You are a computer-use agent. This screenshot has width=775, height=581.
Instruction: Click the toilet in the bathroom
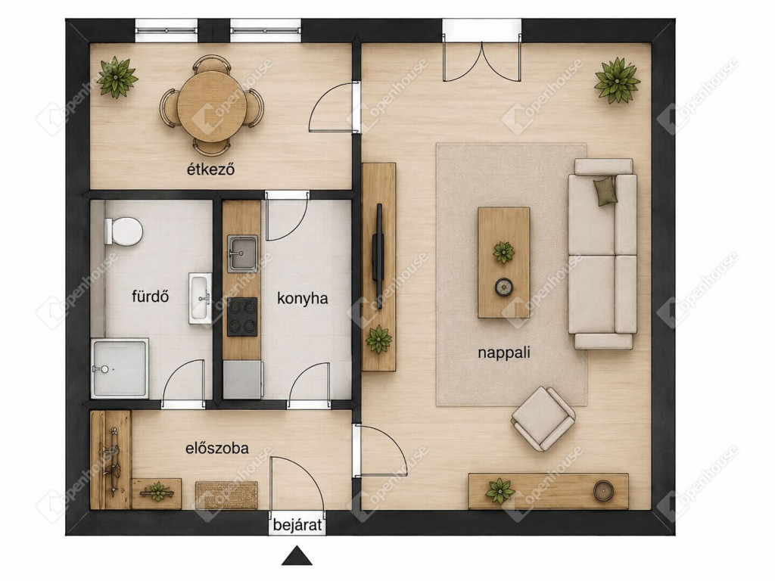pos(123,231)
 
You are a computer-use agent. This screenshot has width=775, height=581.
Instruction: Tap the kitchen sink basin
pos(242,253)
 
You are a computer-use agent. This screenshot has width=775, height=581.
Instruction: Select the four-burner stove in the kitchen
pos(242,317)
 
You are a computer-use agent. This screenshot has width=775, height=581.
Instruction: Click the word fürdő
pos(151,296)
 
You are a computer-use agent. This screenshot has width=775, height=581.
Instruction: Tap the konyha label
pos(303,298)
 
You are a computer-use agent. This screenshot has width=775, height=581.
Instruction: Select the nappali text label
pos(503,353)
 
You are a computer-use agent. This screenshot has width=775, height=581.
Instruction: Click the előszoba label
pos(217,448)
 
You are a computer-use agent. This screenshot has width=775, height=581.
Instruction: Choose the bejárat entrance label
pos(297,525)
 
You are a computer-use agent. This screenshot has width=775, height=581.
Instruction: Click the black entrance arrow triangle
pos(297,556)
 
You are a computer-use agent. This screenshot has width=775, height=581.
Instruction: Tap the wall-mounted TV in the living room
pos(378,256)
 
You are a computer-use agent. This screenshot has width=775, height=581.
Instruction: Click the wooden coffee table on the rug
pos(503,263)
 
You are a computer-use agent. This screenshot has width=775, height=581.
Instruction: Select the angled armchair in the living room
pos(543,418)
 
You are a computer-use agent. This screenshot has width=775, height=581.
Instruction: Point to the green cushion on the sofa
pos(606,190)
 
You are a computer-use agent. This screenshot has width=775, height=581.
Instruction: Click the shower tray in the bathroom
pos(120,368)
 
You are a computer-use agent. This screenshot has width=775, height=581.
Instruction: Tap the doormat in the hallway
pos(227,495)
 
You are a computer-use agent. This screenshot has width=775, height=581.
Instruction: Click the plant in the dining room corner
pos(117,78)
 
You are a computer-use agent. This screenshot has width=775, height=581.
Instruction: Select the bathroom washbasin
pos(200,298)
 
